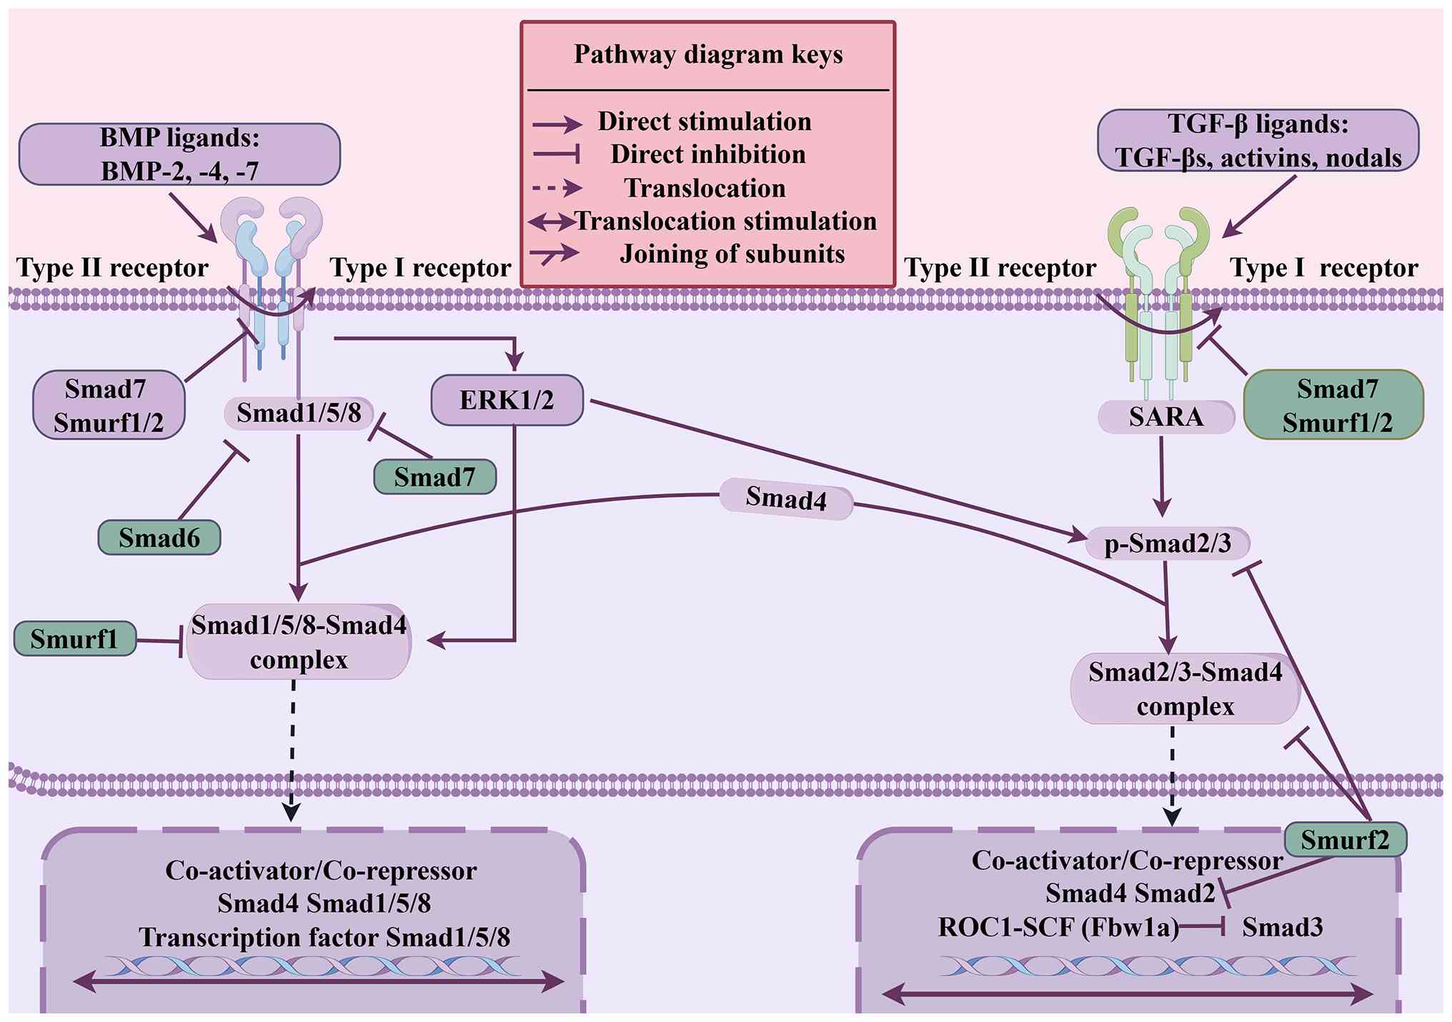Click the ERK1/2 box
click(507, 400)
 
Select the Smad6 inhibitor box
click(159, 537)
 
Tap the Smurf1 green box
click(75, 638)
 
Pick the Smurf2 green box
click(1346, 840)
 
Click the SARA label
click(1166, 417)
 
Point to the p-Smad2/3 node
click(1168, 544)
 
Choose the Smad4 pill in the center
click(786, 498)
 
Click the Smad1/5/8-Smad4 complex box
click(299, 642)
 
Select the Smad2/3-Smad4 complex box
click(1185, 689)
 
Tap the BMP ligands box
click(179, 154)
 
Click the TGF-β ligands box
click(1258, 141)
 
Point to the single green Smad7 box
click(435, 477)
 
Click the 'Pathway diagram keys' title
click(708, 55)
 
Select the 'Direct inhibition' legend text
click(708, 154)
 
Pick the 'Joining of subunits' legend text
click(732, 254)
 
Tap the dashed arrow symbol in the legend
click(557, 188)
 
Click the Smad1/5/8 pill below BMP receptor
click(299, 413)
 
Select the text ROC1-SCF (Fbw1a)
click(1058, 928)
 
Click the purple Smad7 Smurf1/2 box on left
click(109, 405)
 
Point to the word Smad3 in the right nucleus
click(1283, 928)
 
